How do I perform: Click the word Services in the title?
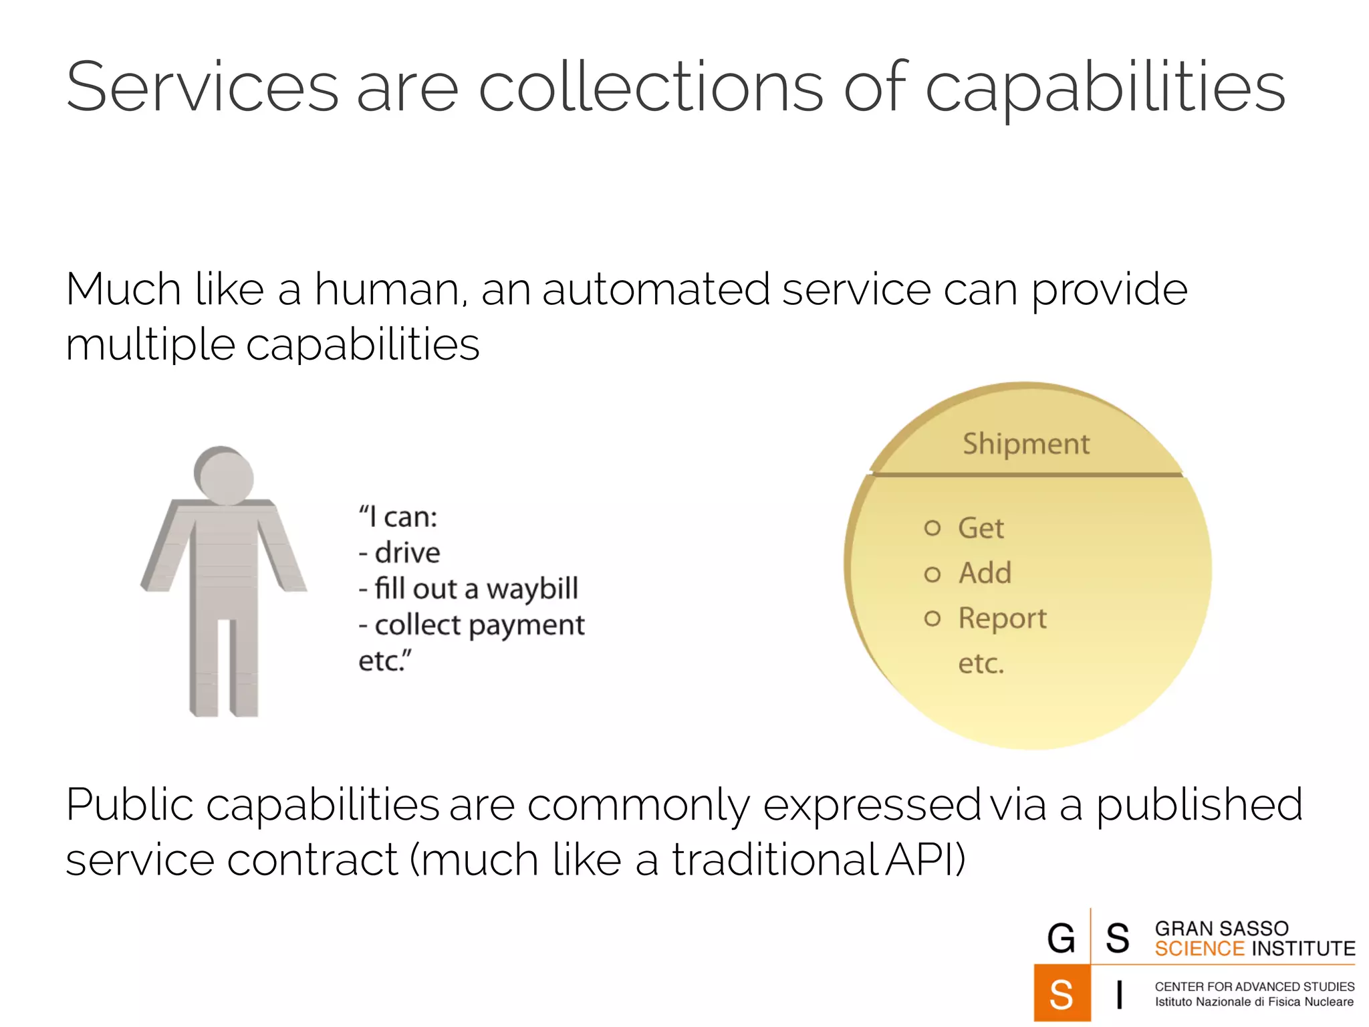tap(203, 87)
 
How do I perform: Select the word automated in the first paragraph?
tap(655, 290)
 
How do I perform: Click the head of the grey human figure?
tap(225, 475)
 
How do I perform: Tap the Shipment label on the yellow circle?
tap(1025, 445)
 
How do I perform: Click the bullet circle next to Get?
tap(932, 528)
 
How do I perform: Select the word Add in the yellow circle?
tap(984, 573)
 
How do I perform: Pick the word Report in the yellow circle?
tap(1002, 618)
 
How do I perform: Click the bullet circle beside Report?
tap(932, 618)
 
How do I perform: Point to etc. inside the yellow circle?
tap(981, 663)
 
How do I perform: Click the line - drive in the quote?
tap(400, 553)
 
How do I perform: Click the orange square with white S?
tap(1062, 994)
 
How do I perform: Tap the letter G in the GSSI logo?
tap(1061, 937)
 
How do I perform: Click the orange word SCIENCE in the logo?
tap(1199, 949)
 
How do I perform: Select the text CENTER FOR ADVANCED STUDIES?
tap(1254, 986)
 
